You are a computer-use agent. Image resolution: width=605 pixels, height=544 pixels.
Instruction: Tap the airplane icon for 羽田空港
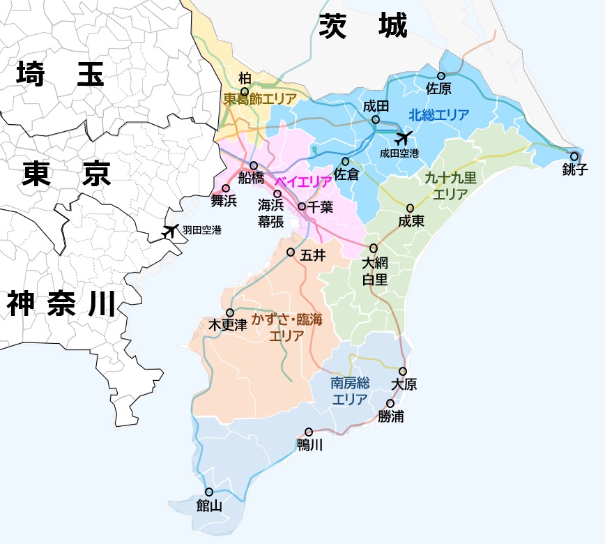click(x=169, y=231)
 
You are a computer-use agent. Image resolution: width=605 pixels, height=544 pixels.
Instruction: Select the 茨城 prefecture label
click(x=363, y=26)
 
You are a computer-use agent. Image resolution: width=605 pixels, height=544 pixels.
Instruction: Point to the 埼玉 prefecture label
click(x=61, y=74)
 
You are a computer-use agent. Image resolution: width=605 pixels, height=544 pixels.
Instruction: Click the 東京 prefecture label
click(x=67, y=174)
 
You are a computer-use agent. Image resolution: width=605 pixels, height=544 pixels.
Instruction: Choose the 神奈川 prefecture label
click(x=61, y=305)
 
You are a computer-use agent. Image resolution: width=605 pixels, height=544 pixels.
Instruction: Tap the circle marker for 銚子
click(x=574, y=157)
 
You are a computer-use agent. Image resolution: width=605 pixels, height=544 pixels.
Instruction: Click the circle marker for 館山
click(x=208, y=492)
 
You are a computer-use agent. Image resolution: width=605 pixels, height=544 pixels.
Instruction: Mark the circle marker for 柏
click(x=245, y=91)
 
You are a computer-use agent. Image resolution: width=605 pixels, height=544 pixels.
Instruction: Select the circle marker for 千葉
click(x=302, y=206)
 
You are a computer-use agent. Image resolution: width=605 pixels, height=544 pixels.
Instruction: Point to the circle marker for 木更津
click(x=230, y=313)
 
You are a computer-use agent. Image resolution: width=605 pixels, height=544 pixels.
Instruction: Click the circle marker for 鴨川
click(x=309, y=432)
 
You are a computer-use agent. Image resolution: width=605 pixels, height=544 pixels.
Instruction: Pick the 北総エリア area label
click(x=439, y=115)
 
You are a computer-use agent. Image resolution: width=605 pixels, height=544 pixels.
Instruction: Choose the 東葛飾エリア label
click(x=260, y=99)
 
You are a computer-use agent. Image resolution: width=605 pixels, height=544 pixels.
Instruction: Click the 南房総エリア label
click(x=350, y=391)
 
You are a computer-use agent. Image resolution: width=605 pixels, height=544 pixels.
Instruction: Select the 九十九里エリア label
click(x=450, y=186)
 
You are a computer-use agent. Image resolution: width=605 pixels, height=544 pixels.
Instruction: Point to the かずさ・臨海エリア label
click(x=287, y=327)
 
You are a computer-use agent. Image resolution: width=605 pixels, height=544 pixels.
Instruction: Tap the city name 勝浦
click(x=391, y=417)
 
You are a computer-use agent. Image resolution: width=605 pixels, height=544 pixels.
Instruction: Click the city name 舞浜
click(x=224, y=202)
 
